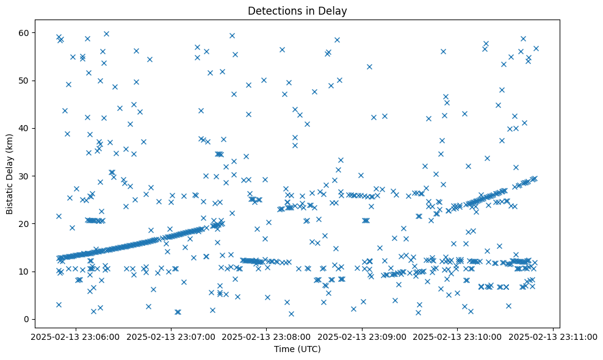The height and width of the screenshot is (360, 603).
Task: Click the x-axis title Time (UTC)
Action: tap(297, 349)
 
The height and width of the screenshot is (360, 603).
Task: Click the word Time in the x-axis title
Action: tap(284, 349)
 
